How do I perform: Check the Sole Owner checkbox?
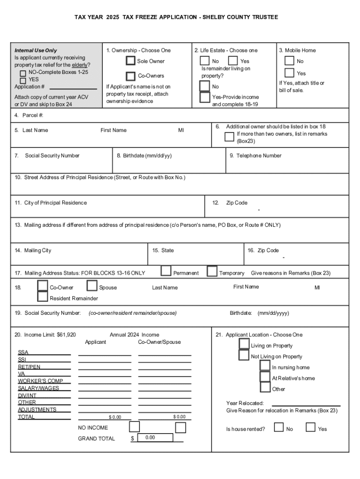130,61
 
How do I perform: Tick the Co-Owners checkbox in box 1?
131,76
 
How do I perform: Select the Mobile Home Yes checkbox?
289,73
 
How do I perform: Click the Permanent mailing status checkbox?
166,271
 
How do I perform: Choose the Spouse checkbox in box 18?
92,286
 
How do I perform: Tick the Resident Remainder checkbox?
43,296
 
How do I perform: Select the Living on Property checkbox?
244,344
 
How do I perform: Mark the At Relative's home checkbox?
265,377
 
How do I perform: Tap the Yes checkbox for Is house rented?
310,427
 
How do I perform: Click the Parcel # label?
29,115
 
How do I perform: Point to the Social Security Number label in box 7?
52,156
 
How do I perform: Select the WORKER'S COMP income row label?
40,381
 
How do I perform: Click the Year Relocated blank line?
306,404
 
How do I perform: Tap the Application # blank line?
73,87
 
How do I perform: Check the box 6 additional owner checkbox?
229,137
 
